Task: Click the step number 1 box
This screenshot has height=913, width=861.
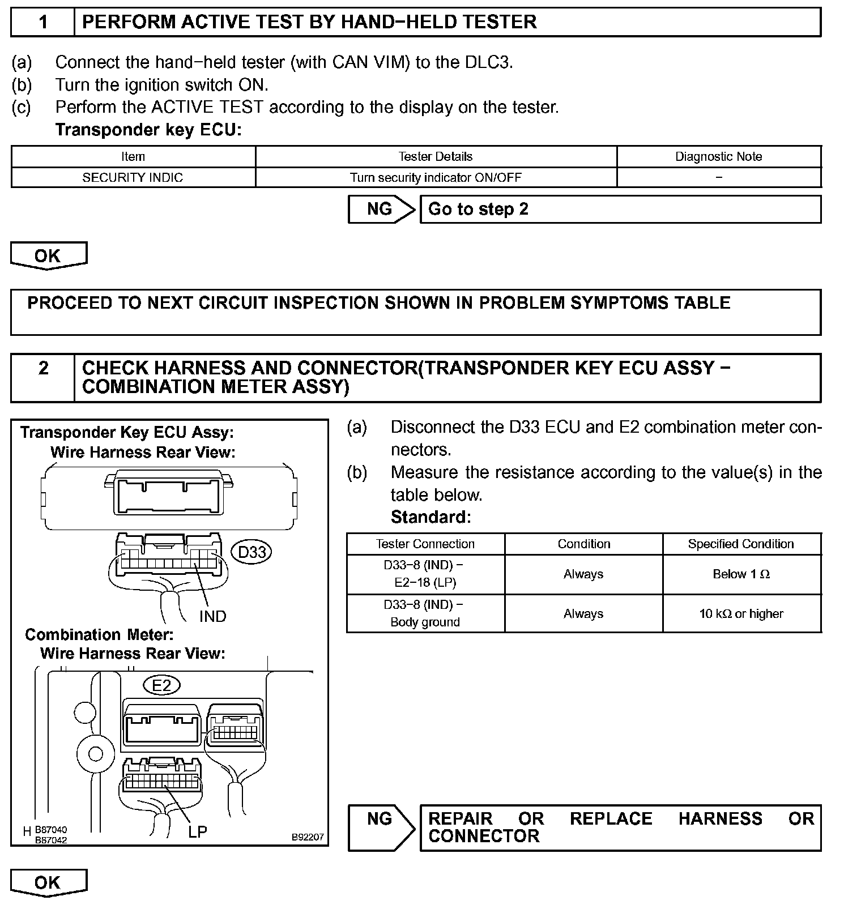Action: [43, 22]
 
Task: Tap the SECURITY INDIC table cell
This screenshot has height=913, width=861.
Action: [133, 177]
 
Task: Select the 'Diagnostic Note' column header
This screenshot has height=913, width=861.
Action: [718, 156]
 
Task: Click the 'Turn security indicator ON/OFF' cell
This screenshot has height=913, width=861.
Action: [436, 177]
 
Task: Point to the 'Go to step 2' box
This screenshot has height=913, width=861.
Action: [620, 209]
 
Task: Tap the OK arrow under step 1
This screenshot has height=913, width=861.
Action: [48, 255]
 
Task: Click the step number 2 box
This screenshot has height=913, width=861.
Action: [43, 377]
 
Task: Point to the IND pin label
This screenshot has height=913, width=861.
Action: [212, 616]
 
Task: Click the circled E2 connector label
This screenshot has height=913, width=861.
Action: [161, 685]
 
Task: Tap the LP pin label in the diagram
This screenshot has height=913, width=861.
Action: [197, 831]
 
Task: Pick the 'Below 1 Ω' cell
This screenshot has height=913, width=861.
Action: [741, 574]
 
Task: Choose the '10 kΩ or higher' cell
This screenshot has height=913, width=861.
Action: [741, 613]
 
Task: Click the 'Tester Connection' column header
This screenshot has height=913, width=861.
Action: [425, 544]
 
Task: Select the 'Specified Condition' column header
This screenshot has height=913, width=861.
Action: [741, 544]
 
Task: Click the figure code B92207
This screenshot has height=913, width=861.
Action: [308, 837]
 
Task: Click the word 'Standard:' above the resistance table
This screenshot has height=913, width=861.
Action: [430, 517]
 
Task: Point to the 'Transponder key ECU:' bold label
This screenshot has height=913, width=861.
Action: [148, 130]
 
